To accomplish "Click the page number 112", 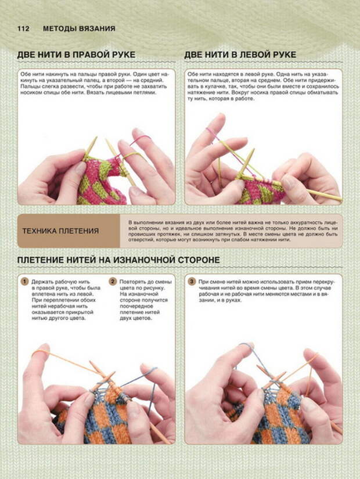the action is [x=23, y=28].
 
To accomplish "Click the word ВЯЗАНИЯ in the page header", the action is [x=97, y=28].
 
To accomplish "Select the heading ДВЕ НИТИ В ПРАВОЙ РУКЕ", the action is [x=76, y=55].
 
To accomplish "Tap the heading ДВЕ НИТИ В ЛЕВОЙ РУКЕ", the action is [x=240, y=55].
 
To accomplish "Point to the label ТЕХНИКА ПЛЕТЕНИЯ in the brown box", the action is [x=60, y=231].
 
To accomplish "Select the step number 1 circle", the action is [x=24, y=282].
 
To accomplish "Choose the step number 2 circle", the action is [x=113, y=282].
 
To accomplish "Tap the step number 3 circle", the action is [x=192, y=282].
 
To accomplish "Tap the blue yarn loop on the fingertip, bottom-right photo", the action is [x=247, y=346].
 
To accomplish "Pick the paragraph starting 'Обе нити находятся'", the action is [x=263, y=86].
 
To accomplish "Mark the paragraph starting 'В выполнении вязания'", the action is [x=233, y=231].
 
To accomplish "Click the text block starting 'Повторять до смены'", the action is [x=146, y=300].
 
